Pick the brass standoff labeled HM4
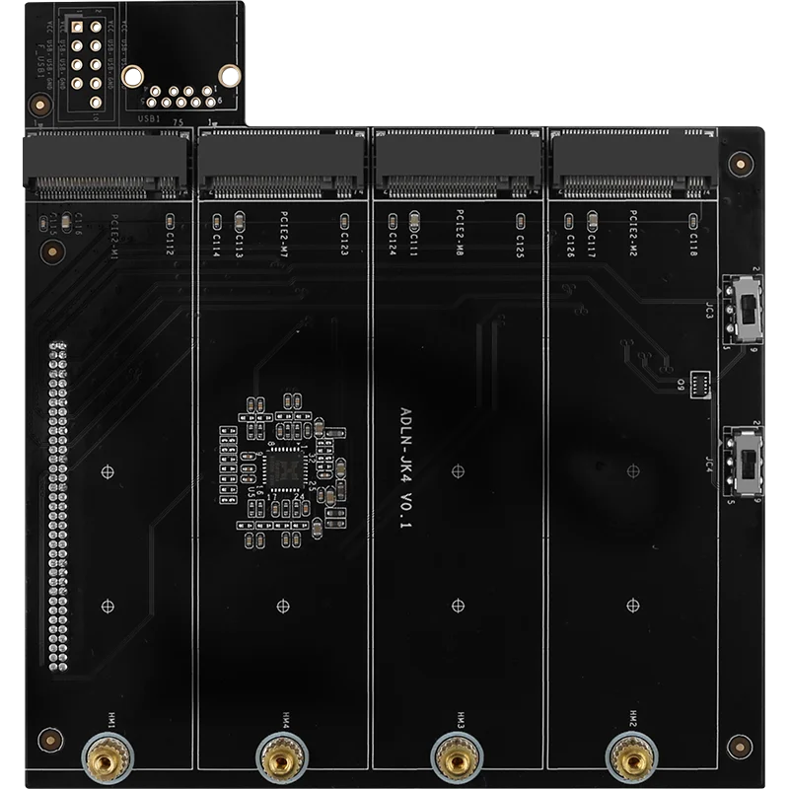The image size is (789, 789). tap(280, 757)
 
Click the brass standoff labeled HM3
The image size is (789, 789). tap(456, 757)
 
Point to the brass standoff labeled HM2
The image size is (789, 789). tap(630, 757)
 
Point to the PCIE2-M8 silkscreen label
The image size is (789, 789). tap(461, 234)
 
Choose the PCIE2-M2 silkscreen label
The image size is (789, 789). tap(634, 234)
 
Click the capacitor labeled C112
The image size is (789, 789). tap(169, 219)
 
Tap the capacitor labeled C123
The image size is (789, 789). tap(344, 219)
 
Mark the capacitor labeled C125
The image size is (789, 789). tap(520, 219)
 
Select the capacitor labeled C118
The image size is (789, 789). tap(693, 219)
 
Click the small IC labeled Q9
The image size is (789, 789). tap(701, 383)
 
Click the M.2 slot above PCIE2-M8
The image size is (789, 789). tap(458, 164)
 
